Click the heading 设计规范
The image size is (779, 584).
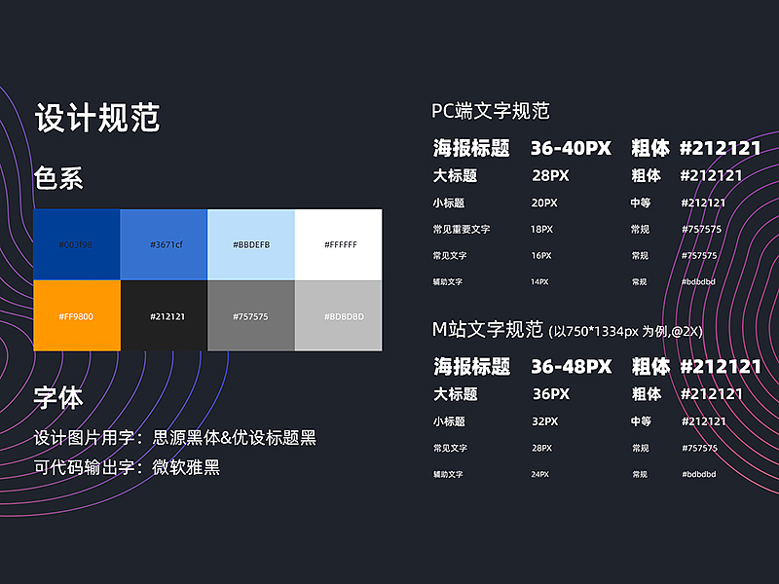pos(97,118)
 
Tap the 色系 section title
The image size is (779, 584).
pos(58,178)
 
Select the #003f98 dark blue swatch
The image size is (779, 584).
pos(76,244)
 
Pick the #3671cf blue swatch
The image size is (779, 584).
pos(164,244)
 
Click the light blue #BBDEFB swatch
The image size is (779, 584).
pos(251,244)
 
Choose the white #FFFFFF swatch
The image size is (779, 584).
pos(339,244)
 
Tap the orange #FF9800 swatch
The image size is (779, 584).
pos(76,315)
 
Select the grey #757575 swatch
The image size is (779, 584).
pos(251,315)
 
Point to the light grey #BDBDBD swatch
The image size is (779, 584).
pos(339,315)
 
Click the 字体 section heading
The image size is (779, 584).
pos(58,397)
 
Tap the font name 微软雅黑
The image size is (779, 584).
pos(186,467)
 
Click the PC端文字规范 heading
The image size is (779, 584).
pos(491,111)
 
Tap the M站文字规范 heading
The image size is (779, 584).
pos(487,329)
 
